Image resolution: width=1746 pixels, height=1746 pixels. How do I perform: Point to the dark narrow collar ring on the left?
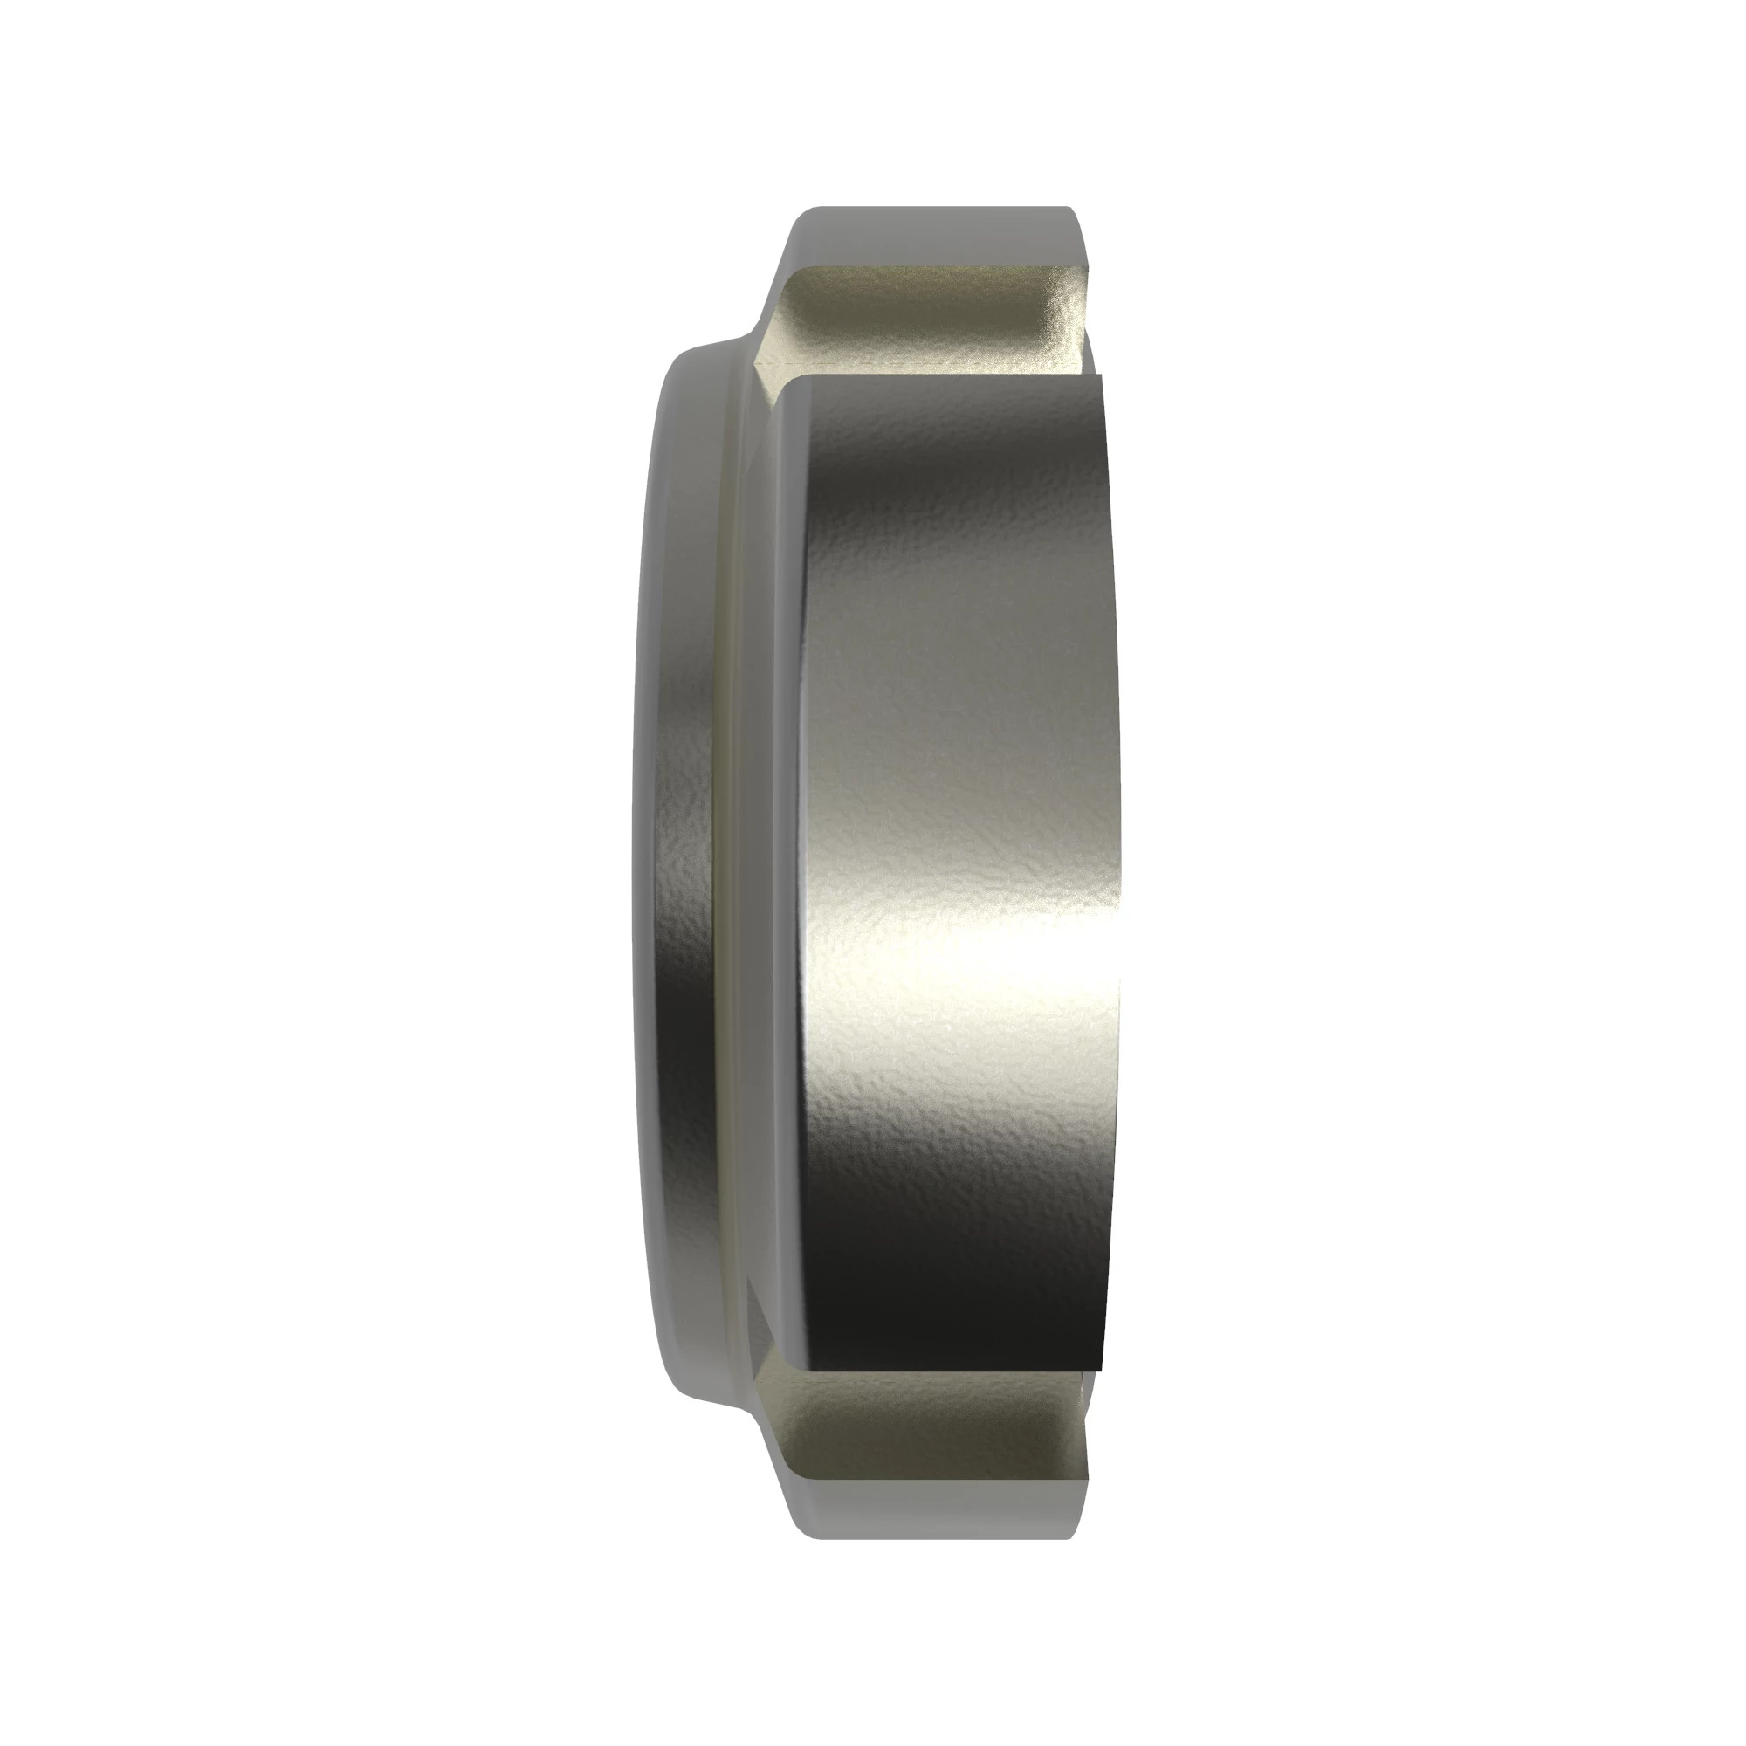[x=677, y=868]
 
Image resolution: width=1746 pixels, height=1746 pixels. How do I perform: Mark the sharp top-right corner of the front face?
[x=1103, y=376]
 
